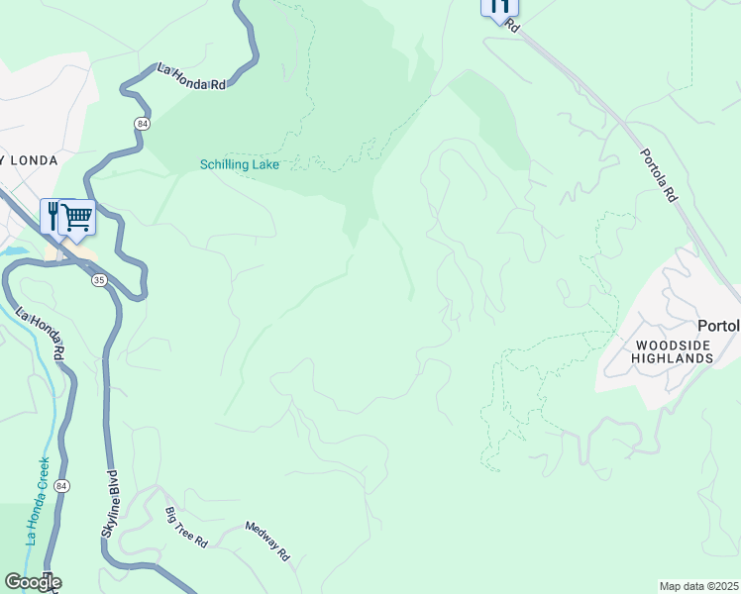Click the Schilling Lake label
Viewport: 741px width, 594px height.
[x=239, y=165]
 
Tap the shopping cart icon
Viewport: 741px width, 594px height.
[x=77, y=216]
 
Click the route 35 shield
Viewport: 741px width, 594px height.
[x=98, y=281]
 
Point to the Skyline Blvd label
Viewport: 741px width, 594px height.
[x=108, y=503]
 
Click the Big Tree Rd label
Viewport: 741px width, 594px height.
[x=186, y=528]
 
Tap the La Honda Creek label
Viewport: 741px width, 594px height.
[x=37, y=501]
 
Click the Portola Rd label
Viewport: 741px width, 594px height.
[x=658, y=176]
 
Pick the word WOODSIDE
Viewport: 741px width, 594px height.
[x=668, y=344]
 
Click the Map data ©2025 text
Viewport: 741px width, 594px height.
[x=699, y=586]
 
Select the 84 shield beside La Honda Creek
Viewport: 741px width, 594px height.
[x=62, y=486]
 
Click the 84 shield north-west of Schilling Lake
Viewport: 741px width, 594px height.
[x=143, y=122]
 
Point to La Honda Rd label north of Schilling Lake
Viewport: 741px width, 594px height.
[x=192, y=77]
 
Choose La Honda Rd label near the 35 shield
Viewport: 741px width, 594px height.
[x=41, y=334]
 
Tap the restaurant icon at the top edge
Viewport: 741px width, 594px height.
[x=499, y=8]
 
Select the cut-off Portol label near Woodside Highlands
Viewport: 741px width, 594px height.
[x=718, y=326]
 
